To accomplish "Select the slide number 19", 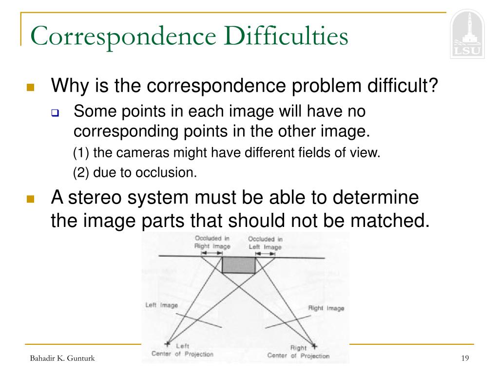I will pos(464,358).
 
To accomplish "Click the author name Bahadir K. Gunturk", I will pos(62,358).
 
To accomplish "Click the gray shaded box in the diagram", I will pos(239,265).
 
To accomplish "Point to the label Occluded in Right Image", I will pos(212,242).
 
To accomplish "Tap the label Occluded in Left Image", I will pos(265,243).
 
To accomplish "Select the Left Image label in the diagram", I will pos(161,305).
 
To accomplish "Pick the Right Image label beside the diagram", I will pos(326,308).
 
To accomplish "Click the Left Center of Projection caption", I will pos(183,351).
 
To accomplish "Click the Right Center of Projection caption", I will pos(298,352).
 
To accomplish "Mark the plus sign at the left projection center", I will pos(169,342).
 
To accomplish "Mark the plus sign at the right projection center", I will pos(314,346).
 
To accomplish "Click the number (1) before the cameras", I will pos(81,153).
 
